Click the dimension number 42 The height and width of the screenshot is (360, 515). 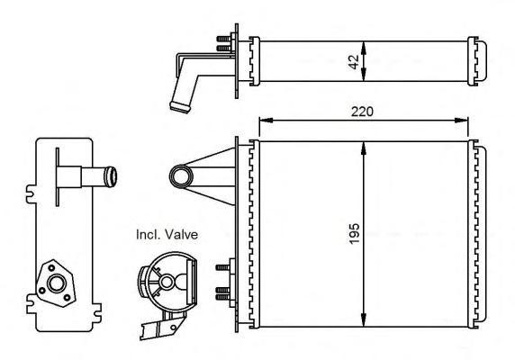tap(355, 62)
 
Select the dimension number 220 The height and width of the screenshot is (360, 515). tap(362, 112)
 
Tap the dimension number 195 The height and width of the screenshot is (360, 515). tap(355, 234)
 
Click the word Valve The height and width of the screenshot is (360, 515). tap(181, 235)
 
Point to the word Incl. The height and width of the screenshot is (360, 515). tap(149, 235)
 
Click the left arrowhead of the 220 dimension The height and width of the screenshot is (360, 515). tap(266, 120)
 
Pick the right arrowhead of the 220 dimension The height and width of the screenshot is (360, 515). tap(461, 120)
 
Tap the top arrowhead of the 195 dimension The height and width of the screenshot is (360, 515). tap(363, 148)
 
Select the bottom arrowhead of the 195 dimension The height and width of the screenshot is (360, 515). tap(363, 320)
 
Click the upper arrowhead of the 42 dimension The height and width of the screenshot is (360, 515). tap(363, 47)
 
